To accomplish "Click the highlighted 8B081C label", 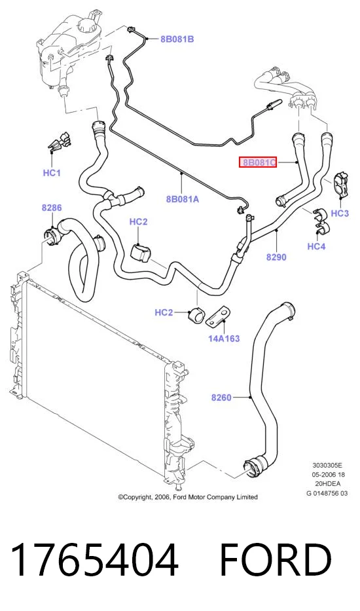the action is click(x=257, y=162).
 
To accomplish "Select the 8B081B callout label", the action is click(x=177, y=39).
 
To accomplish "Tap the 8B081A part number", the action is click(x=183, y=199).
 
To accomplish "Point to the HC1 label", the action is click(x=52, y=173).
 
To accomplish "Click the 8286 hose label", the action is click(x=52, y=208).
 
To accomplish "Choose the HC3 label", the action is click(x=340, y=213).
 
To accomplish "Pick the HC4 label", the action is click(x=316, y=246).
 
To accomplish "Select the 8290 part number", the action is click(x=276, y=257).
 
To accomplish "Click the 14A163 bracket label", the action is click(x=224, y=338).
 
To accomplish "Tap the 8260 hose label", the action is click(x=221, y=398).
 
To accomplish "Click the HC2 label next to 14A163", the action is click(x=164, y=312).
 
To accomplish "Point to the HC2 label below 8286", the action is click(x=138, y=222).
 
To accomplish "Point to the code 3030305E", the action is click(x=327, y=465).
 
